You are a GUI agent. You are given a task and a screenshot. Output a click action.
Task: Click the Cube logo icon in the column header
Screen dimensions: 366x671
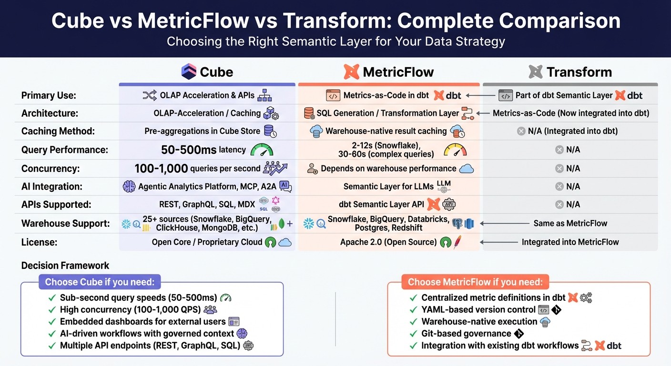click(189, 72)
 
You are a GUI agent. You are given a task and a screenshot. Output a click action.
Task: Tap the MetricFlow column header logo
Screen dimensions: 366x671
click(351, 72)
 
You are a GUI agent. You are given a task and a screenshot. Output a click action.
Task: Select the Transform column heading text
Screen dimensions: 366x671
click(579, 72)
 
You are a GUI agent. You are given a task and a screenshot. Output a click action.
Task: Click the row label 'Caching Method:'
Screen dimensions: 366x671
click(58, 131)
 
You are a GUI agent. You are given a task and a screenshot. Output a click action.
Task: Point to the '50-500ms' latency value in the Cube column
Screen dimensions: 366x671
click(189, 150)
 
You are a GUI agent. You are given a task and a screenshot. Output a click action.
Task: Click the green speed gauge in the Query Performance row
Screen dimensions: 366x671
click(262, 150)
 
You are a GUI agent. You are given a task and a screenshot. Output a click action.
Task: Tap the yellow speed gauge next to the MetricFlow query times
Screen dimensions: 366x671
click(455, 150)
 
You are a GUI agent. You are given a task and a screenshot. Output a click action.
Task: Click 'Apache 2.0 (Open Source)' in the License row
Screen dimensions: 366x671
click(388, 242)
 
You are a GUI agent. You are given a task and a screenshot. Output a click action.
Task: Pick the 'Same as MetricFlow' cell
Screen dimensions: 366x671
click(570, 223)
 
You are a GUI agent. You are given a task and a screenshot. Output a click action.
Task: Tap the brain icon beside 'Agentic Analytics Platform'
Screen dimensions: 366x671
click(129, 187)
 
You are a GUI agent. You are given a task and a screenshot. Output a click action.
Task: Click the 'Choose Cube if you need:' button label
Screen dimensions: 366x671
click(100, 282)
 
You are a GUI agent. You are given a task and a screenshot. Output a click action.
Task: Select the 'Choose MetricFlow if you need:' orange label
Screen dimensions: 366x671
click(475, 282)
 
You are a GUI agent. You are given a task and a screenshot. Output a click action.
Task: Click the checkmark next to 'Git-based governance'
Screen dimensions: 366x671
click(413, 334)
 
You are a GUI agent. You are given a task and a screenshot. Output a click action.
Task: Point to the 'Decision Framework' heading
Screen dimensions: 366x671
click(65, 265)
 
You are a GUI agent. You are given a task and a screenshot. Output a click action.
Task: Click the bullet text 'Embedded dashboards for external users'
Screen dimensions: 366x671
click(142, 322)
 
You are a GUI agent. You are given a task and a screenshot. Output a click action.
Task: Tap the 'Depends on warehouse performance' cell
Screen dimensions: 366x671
click(388, 168)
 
